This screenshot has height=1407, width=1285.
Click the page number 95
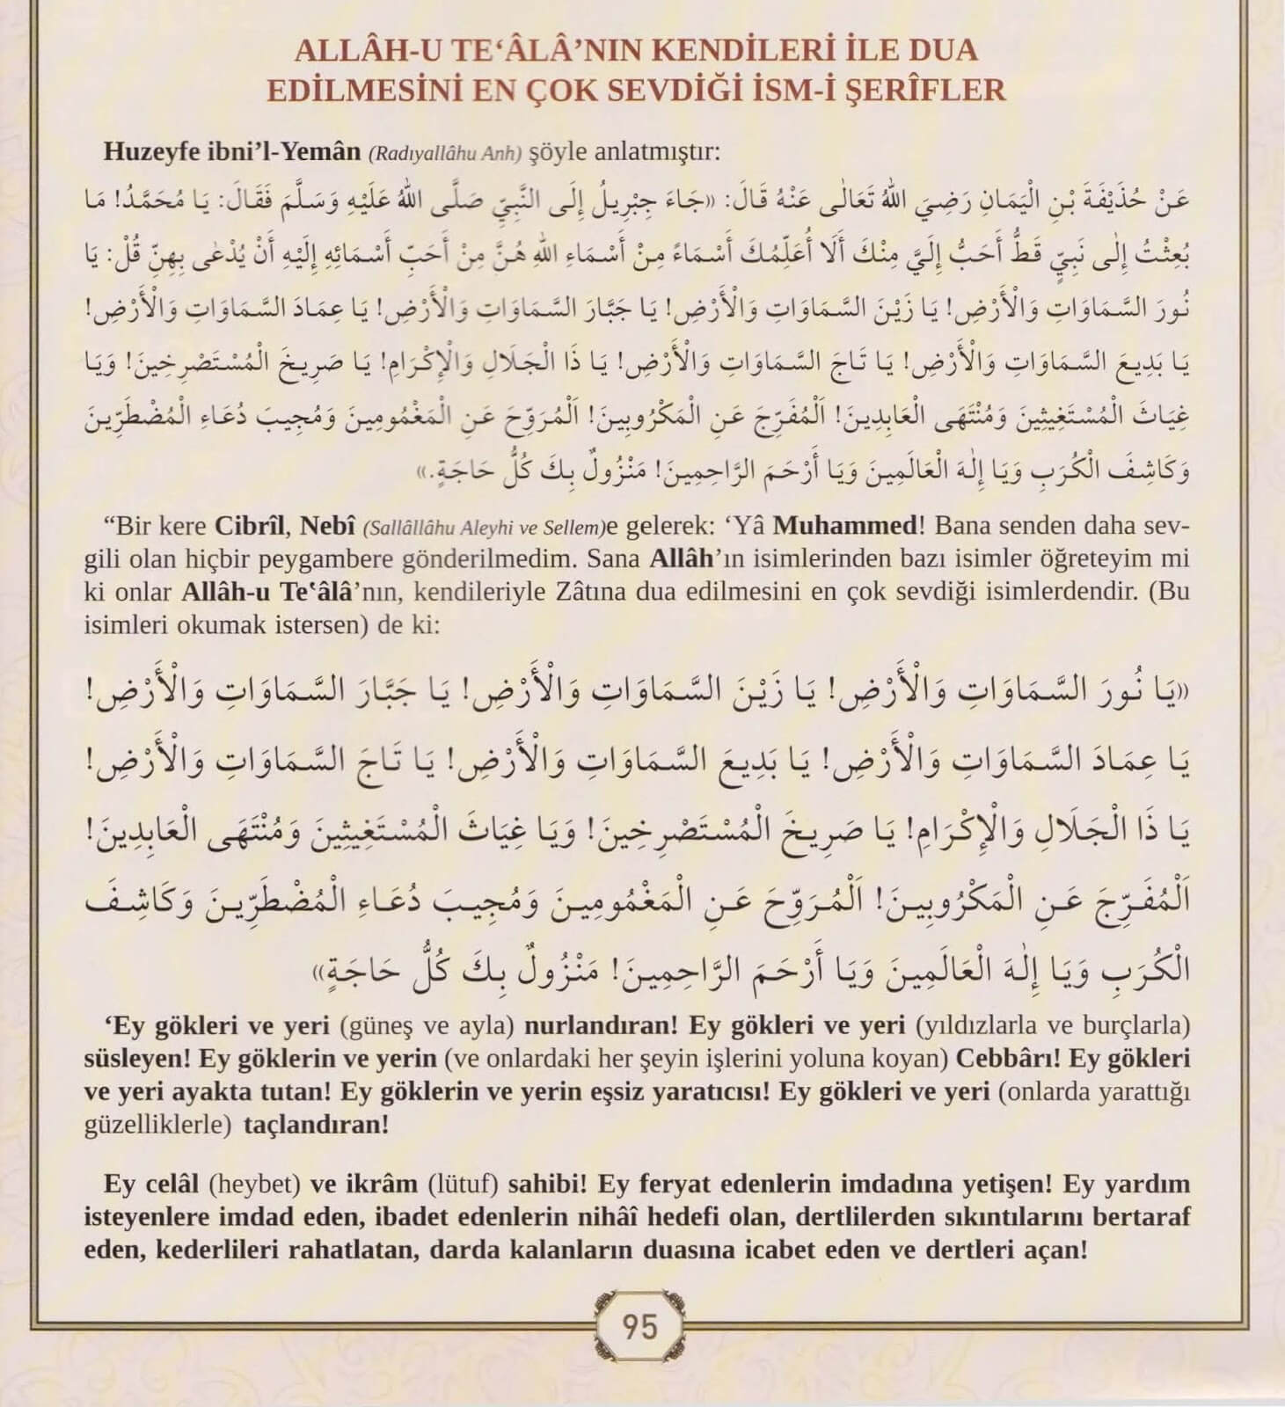pos(639,1325)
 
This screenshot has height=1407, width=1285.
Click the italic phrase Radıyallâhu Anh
pos(447,153)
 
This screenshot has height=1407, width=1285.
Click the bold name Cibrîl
pos(250,527)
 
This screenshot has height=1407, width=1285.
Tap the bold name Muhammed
pos(844,527)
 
